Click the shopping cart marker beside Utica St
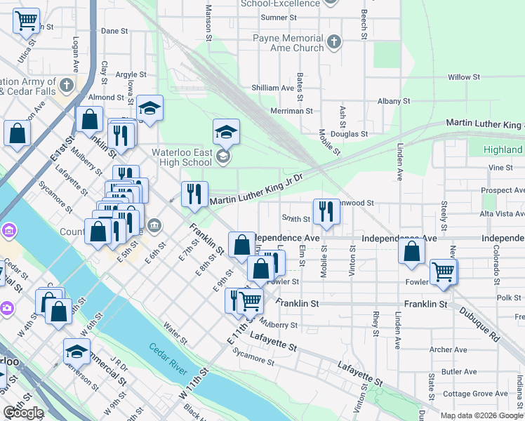(x=27, y=21)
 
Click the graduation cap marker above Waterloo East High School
(x=227, y=131)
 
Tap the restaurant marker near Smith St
(x=326, y=211)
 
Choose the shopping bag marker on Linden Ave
(x=411, y=250)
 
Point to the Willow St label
(x=463, y=76)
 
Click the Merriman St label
(x=293, y=111)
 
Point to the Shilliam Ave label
(x=273, y=88)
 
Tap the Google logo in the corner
(x=23, y=413)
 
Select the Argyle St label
(x=131, y=74)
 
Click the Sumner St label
(x=274, y=18)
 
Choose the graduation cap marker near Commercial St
(x=77, y=351)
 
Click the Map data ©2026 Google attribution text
(x=481, y=415)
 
